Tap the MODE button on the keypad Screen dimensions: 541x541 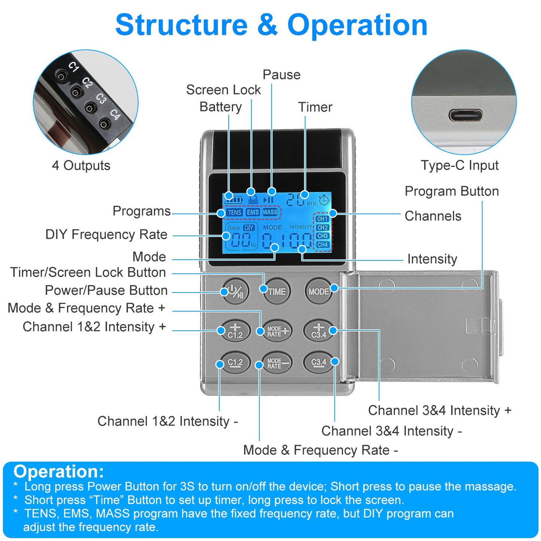pos(318,292)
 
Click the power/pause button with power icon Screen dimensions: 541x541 pos(235,292)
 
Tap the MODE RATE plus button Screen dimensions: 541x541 pos(277,331)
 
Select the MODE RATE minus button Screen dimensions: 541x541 pos(277,363)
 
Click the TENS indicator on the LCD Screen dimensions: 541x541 pos(234,212)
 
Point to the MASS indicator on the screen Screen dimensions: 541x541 pos(270,212)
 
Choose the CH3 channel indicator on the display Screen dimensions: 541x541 pos(322,236)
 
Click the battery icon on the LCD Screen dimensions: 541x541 pos(234,199)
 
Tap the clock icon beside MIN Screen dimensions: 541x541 pos(324,200)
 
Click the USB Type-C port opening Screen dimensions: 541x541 pos(465,115)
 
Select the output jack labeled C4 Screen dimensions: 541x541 pos(104,124)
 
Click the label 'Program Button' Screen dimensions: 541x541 pos(452,191)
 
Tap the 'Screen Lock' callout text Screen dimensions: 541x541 pos(223,90)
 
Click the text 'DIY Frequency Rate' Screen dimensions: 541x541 pos(106,234)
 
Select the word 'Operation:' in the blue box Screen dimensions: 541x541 pos(59,471)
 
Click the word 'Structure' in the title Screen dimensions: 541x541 pos(181,25)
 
